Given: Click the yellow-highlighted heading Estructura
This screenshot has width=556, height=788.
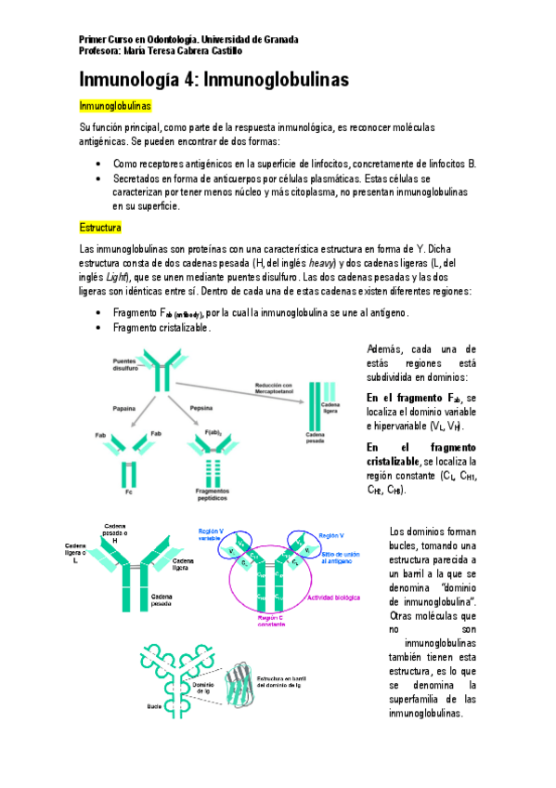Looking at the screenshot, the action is [101, 228].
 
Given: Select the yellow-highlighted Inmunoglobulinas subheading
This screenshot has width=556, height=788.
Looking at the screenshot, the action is [115, 108].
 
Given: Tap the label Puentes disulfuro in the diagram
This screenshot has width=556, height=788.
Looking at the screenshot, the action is [126, 365].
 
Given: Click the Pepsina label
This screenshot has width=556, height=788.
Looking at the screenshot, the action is [202, 408].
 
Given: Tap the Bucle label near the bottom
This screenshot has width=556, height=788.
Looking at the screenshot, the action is [155, 706].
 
